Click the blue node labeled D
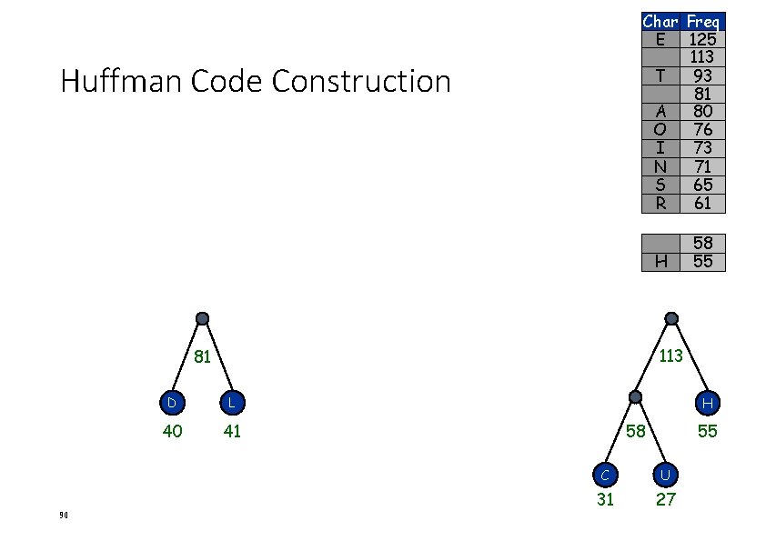click(x=171, y=402)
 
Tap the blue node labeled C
click(x=605, y=474)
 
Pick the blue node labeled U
click(x=666, y=474)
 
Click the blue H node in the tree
click(x=707, y=402)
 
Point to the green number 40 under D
click(x=172, y=431)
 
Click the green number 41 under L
click(x=232, y=431)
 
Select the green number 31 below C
click(x=605, y=499)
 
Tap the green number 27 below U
click(x=666, y=499)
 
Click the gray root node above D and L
click(x=202, y=319)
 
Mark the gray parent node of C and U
click(x=636, y=397)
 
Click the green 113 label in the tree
click(x=670, y=356)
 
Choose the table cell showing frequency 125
click(x=702, y=39)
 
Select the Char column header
click(x=660, y=21)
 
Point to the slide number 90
click(x=64, y=516)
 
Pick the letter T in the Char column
click(x=660, y=75)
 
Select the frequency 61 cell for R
click(x=702, y=203)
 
